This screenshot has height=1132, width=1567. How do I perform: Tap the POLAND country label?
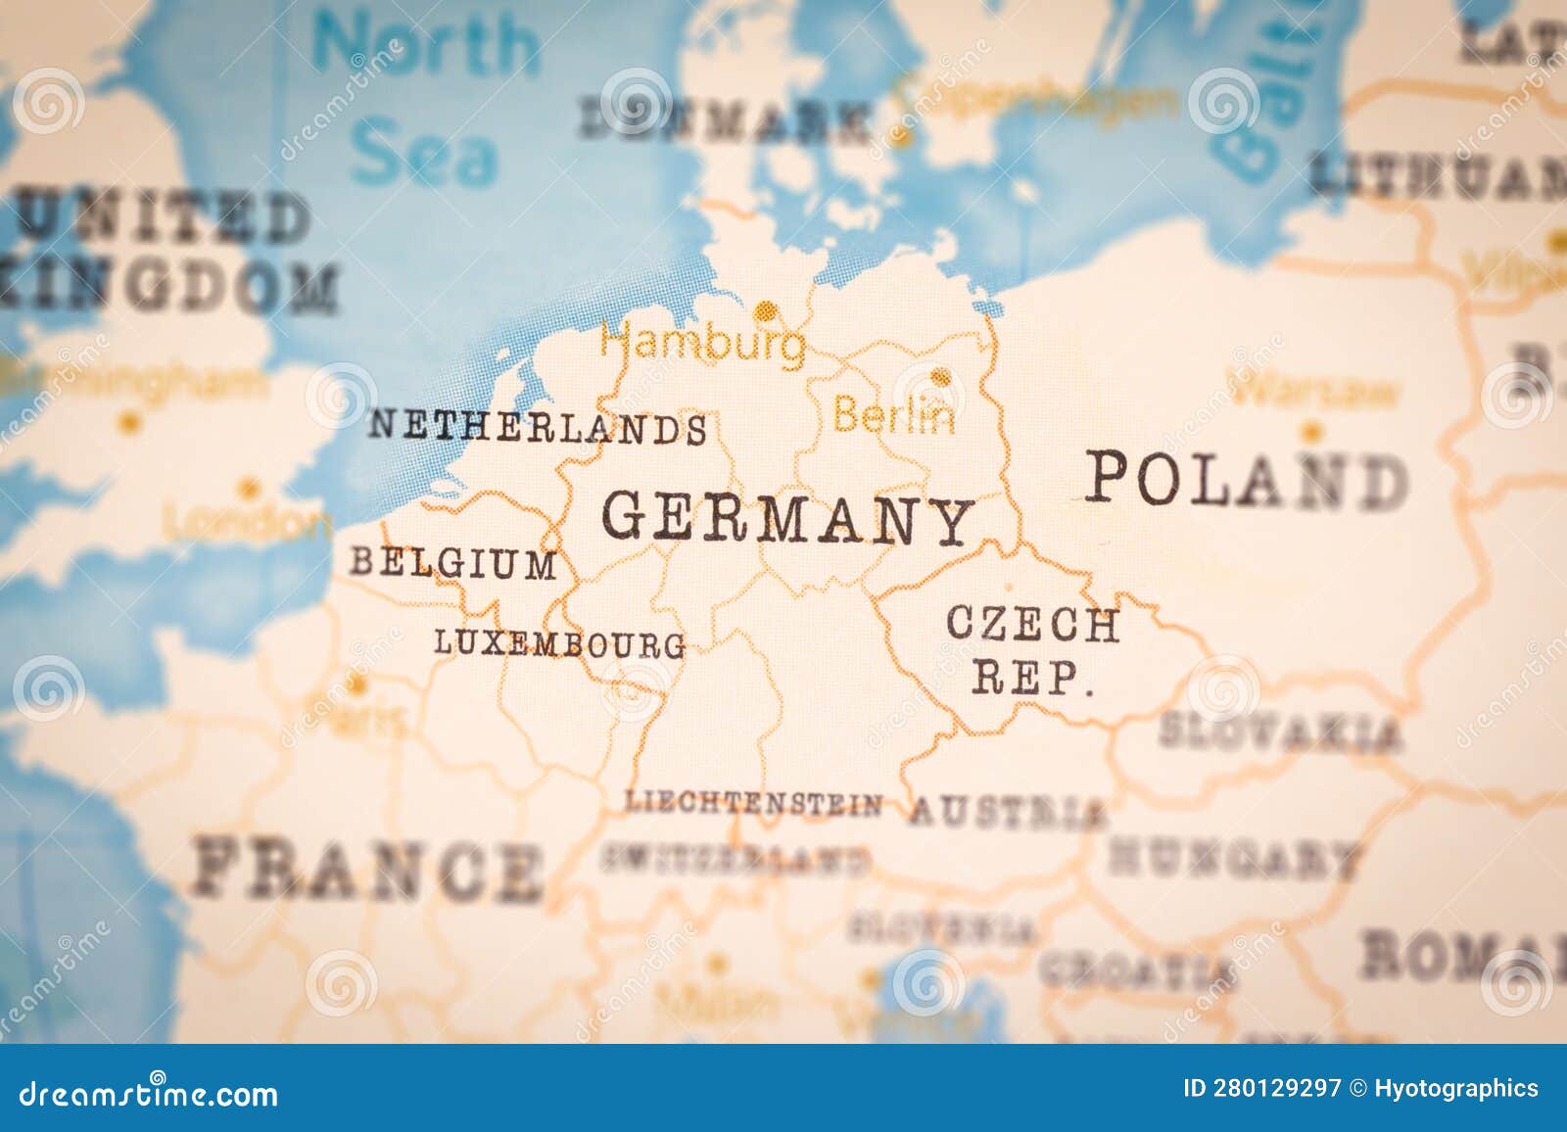tap(1245, 481)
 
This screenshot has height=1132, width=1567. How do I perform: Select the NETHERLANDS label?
tap(538, 428)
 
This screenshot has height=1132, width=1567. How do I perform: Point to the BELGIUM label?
tap(452, 563)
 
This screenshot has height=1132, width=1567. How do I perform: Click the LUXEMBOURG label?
tap(559, 643)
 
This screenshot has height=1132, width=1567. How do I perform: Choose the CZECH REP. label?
tap(1032, 649)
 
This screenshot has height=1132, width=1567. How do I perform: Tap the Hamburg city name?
tap(703, 344)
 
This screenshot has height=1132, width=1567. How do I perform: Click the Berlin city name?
tap(893, 417)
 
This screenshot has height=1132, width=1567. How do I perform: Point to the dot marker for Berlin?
tap(940, 376)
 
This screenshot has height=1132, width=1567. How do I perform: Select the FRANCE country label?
tap(367, 870)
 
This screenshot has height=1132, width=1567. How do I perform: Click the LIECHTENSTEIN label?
tap(753, 804)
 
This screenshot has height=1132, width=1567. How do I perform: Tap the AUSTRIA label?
tap(1007, 812)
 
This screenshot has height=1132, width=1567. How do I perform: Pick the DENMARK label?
tap(725, 121)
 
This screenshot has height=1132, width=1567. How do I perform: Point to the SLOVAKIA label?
tap(1279, 731)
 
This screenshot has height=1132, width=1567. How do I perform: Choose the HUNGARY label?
tap(1234, 859)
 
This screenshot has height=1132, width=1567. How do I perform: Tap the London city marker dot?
tap(249, 488)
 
